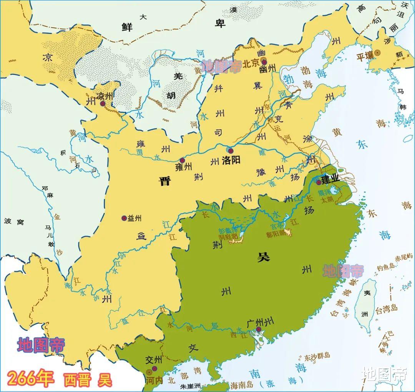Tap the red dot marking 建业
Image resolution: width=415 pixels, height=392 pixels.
pos(319,182)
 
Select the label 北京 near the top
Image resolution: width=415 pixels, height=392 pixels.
pos(251,63)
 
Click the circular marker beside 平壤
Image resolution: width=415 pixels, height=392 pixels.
pos(378,53)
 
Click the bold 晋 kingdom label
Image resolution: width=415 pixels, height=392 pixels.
pos(165,181)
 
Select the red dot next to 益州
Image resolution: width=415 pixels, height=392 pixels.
pos(124,218)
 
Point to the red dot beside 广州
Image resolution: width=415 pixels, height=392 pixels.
pos(259,329)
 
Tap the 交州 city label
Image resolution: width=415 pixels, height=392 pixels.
pos(152,360)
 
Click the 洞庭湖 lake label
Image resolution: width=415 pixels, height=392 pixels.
pos(229,237)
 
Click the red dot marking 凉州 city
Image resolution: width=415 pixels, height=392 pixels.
pos(102,103)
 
